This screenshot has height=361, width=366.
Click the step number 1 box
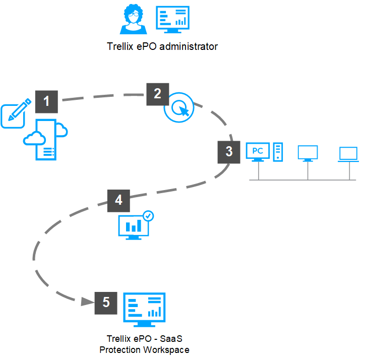(46, 101)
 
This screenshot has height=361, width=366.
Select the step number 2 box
(158, 94)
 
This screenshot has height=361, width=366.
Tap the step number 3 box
(229, 152)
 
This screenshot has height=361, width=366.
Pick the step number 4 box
(118, 201)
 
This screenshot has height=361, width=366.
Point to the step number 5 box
(106, 303)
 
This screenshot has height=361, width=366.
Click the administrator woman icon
(133, 19)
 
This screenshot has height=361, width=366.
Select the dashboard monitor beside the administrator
(172, 20)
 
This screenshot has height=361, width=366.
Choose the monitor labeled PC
(258, 152)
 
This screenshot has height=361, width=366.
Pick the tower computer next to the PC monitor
(278, 152)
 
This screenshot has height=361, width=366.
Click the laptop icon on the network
(348, 154)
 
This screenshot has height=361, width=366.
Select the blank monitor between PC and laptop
(308, 153)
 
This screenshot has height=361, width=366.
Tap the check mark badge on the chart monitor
(148, 216)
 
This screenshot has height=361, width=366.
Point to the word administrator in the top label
(189, 46)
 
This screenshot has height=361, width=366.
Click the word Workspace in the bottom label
(166, 350)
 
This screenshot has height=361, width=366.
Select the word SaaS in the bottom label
(171, 339)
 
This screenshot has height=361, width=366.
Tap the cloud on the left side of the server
(34, 138)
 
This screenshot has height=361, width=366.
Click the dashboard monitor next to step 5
(144, 310)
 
